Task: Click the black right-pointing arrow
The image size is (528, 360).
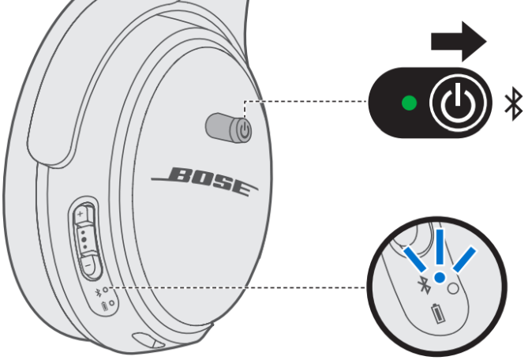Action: point(459,42)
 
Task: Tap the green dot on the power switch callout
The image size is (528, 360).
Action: point(409,103)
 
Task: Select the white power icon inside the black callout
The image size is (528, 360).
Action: point(458,103)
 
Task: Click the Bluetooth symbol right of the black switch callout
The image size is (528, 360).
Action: point(514,103)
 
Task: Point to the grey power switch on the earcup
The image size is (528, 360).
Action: point(229,129)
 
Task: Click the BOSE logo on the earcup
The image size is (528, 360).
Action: point(204,181)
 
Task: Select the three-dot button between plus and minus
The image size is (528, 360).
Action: point(84,239)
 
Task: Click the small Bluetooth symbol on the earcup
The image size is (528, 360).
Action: point(98,292)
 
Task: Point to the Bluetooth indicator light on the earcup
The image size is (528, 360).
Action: point(106,289)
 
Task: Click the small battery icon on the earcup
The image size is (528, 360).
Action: point(105,306)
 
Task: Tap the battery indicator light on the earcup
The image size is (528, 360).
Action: point(112,303)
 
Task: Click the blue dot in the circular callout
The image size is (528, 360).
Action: point(440,277)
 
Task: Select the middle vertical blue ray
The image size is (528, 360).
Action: point(440,247)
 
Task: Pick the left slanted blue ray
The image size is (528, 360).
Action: point(415,259)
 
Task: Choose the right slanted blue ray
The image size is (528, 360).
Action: point(465,259)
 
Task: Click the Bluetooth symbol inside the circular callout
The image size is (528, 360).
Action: point(424,285)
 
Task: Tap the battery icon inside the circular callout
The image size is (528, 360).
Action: point(438,313)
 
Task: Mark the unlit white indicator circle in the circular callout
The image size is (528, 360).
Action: point(453,289)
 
